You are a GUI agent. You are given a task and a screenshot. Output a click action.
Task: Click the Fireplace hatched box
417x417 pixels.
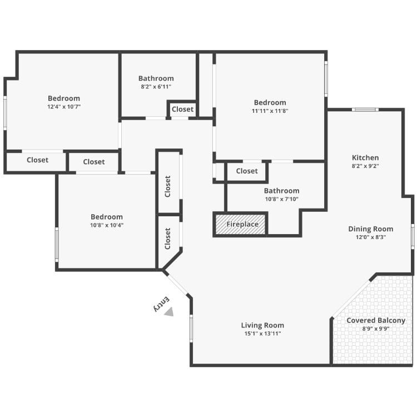click(240, 224)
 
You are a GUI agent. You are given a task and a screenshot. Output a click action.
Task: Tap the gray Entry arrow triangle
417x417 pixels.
click(169, 312)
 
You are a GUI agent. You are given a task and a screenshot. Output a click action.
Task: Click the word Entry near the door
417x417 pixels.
click(161, 304)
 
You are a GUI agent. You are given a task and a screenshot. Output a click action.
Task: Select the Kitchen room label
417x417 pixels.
click(365, 158)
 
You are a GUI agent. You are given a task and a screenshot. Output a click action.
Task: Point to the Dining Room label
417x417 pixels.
click(370, 229)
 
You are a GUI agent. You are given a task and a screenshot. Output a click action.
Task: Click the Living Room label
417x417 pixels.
click(262, 325)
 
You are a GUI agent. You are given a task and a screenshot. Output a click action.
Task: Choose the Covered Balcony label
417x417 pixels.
click(376, 320)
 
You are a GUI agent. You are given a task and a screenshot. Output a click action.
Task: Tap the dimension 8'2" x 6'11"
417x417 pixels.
click(156, 87)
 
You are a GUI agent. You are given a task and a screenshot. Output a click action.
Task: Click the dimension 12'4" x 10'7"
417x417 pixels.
click(64, 107)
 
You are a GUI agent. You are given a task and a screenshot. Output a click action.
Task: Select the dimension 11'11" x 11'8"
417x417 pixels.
click(270, 111)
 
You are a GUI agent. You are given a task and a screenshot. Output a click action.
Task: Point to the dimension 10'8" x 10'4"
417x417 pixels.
click(107, 225)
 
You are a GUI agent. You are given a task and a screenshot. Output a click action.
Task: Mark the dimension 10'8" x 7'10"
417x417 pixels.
click(282, 199)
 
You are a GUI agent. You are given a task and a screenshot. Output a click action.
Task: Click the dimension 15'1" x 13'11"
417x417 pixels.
click(262, 334)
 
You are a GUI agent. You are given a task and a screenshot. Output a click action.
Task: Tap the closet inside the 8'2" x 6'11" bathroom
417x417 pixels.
click(182, 109)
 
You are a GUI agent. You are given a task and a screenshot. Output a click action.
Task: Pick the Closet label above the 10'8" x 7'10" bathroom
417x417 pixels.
click(247, 171)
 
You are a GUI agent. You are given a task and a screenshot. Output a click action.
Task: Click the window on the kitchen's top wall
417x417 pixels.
click(365, 110)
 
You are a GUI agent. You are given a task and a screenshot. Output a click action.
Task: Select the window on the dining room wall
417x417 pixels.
click(413, 237)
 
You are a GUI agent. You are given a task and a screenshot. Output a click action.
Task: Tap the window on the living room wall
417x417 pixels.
click(191, 329)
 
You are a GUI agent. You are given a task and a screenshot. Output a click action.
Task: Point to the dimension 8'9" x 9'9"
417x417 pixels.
click(376, 329)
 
